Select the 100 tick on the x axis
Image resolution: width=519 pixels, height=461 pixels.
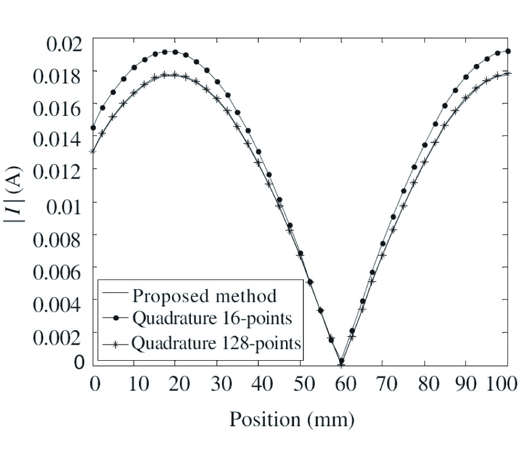coord(502,384)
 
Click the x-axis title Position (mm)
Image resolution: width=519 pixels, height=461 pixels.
coord(292,419)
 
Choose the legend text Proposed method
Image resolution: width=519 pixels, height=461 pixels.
coord(205,296)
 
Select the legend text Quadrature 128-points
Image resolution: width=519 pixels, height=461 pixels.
coord(216,343)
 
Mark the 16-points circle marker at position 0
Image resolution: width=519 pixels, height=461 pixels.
coord(93,128)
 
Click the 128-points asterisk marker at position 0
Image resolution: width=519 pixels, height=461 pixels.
coord(92,152)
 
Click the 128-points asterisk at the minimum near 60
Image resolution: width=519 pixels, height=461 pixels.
coord(341,364)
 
